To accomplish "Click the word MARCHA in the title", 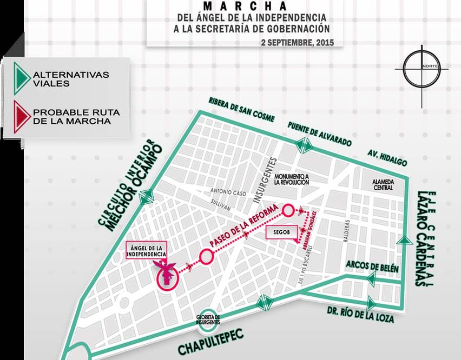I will click(245, 6).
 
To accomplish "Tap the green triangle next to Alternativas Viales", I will click(21, 78).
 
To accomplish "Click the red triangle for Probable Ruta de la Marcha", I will click(21, 116).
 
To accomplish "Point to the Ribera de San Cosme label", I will click(241, 110).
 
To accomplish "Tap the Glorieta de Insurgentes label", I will click(209, 319).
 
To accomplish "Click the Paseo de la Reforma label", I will click(243, 225).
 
